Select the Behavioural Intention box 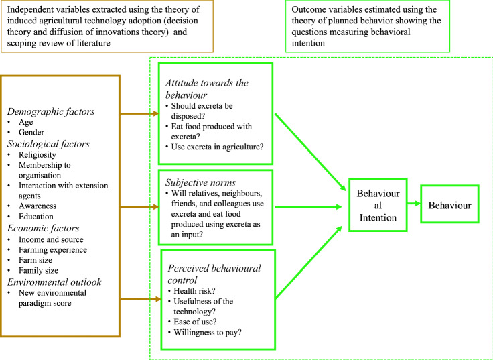[378, 204]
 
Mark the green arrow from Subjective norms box [309, 206]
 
